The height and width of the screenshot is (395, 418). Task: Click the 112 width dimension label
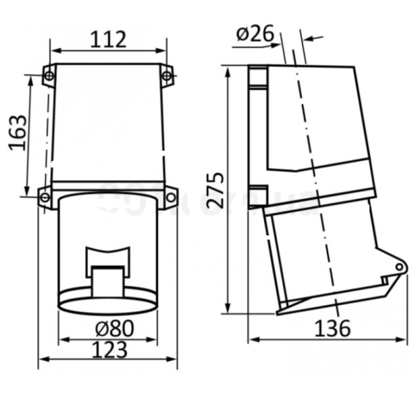pos(108,40)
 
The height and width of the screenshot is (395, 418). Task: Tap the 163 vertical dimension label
pos(18,133)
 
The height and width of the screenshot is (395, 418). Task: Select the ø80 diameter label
pos(115,328)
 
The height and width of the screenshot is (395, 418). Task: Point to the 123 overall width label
pos(109,350)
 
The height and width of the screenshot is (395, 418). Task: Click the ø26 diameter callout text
pos(255,33)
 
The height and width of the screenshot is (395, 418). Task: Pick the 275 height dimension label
pos(215,190)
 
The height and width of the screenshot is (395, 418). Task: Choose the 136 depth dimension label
pos(332,328)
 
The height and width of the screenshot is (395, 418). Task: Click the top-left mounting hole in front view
pos(49,76)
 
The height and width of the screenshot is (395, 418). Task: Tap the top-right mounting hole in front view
pos(167,76)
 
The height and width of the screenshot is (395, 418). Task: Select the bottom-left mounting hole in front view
pos(45,198)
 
